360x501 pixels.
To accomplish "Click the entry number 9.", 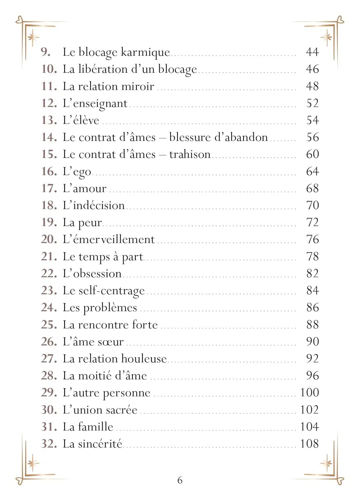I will [45, 52].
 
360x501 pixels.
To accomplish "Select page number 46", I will [312, 69].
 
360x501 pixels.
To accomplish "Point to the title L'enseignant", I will [95, 104].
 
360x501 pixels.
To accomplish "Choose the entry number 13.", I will [49, 120].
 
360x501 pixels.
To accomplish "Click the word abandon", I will [247, 137].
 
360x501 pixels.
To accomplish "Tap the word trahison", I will [190, 154].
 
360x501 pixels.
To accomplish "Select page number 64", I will [312, 171].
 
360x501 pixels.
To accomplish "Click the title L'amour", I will [84, 188].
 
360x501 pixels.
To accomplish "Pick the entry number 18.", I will [49, 205].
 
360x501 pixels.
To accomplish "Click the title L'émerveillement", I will [109, 239].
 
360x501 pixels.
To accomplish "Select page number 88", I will [312, 325].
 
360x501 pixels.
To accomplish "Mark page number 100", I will [309, 392].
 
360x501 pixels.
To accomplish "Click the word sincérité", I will [100, 444].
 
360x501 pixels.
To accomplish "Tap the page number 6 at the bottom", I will [180, 480].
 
